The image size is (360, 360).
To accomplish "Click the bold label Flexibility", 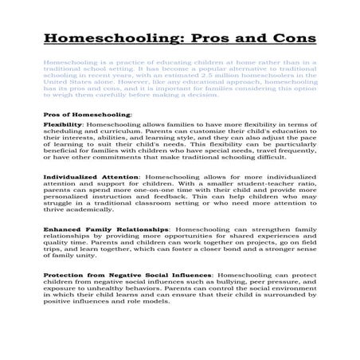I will [x=63, y=125].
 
